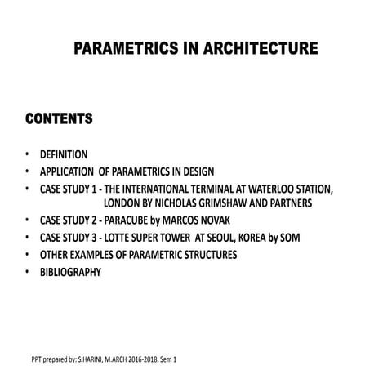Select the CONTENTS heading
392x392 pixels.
pos(58,120)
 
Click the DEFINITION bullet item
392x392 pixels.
pos(64,154)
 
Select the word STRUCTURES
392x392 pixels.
pos(210,255)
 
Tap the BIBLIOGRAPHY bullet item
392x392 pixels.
pos(70,272)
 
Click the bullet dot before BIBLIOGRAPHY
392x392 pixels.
pos(26,272)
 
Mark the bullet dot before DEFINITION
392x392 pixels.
pos(26,154)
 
